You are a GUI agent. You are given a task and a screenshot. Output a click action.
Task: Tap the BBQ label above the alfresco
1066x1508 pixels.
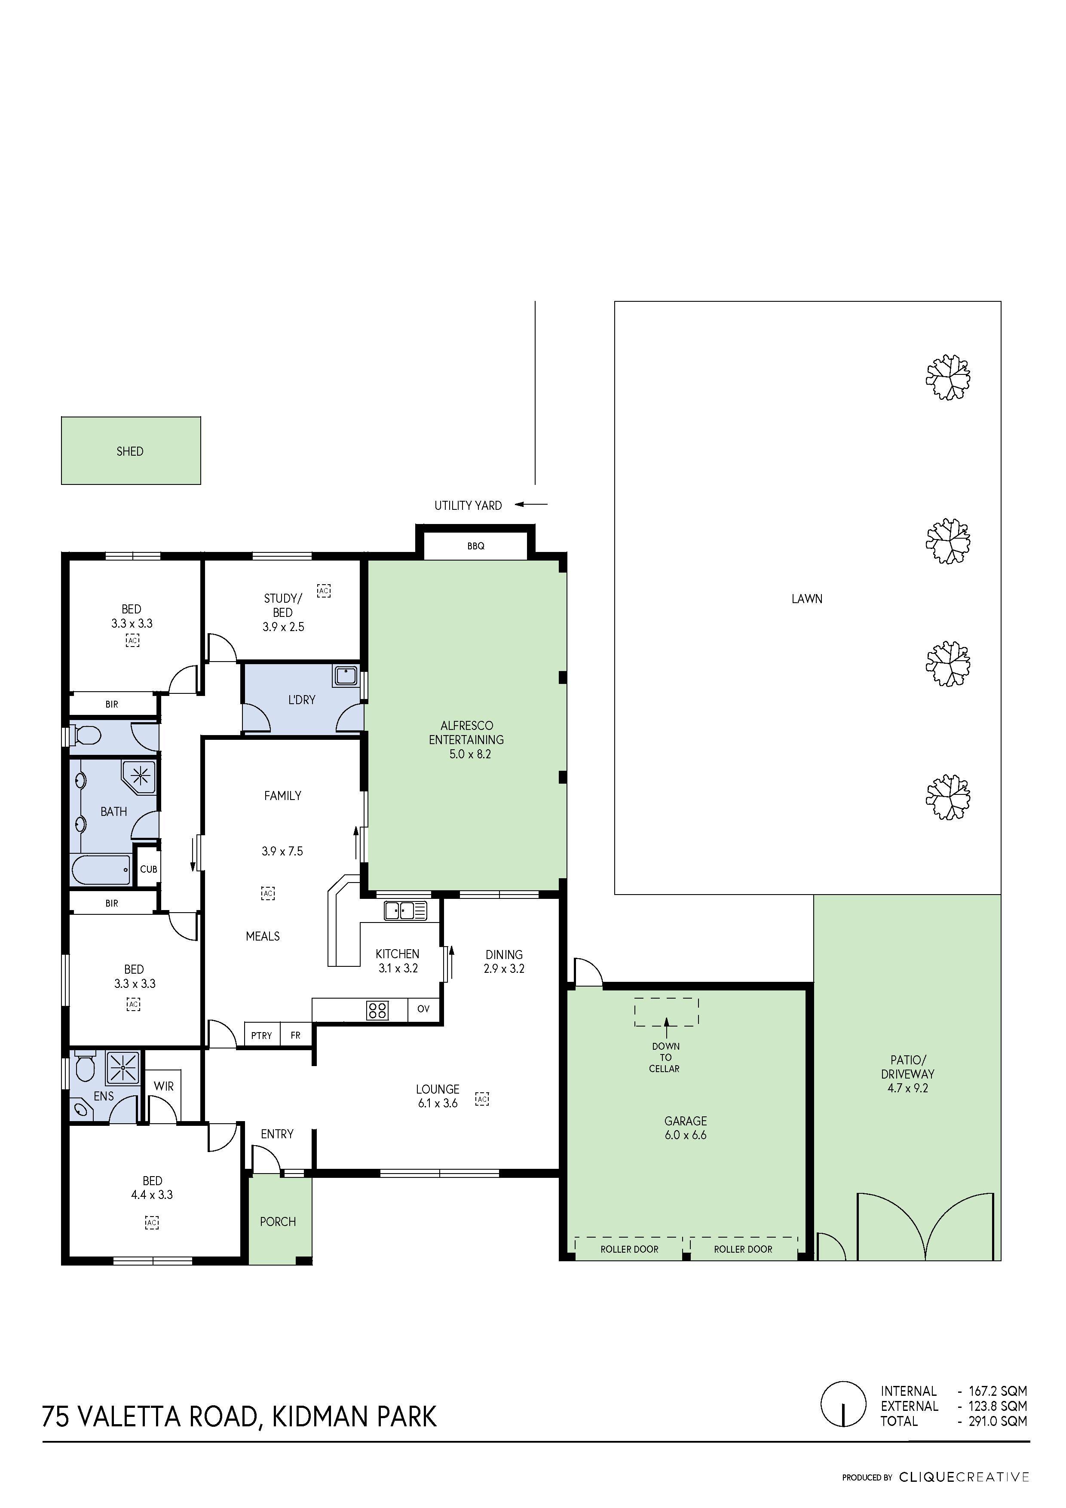[x=475, y=546]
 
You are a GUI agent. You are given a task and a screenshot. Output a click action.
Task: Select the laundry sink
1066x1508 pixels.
[x=346, y=676]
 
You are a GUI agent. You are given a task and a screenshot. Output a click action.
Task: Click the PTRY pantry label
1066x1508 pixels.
[x=261, y=1036]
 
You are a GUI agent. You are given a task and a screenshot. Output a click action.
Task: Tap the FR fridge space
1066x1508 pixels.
[x=296, y=1035]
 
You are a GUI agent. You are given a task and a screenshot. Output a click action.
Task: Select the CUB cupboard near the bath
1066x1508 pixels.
[x=148, y=869]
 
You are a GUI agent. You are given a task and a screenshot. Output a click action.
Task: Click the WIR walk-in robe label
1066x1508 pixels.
[x=163, y=1086]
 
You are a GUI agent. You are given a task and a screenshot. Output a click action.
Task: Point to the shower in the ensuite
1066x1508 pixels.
[x=123, y=1068]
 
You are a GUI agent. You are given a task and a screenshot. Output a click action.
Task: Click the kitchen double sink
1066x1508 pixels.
[x=406, y=910]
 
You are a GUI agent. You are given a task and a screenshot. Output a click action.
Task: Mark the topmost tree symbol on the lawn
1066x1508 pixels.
[x=948, y=377]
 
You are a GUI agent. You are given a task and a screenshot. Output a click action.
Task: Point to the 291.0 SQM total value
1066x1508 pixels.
[x=998, y=1421]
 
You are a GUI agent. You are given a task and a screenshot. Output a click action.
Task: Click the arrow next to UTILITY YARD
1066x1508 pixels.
[x=531, y=504]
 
